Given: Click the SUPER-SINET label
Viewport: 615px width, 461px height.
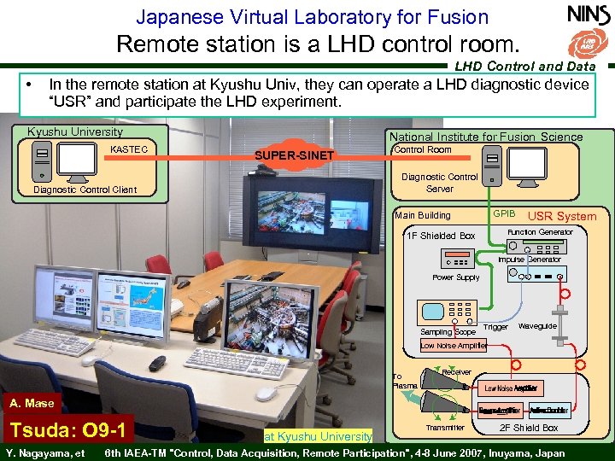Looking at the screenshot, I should pyautogui.click(x=295, y=155).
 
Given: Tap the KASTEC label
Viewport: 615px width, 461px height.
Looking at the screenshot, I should pyautogui.click(x=129, y=149).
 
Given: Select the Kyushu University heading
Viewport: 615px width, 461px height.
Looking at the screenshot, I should pyautogui.click(x=75, y=132).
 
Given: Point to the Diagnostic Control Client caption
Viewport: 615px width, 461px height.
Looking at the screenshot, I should pyautogui.click(x=85, y=190).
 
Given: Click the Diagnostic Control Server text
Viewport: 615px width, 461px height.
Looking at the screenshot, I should pyautogui.click(x=439, y=183).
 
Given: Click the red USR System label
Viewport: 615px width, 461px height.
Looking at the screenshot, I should pyautogui.click(x=562, y=216).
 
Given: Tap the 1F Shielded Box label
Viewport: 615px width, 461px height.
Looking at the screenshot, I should pyautogui.click(x=441, y=236).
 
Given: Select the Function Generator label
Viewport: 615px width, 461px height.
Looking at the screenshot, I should pyautogui.click(x=540, y=232).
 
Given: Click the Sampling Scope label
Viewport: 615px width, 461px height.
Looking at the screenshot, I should pyautogui.click(x=448, y=331).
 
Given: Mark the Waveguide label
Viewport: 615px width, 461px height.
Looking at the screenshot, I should pyautogui.click(x=537, y=326).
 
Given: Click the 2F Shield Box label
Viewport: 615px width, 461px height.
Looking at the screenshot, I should pyautogui.click(x=529, y=428).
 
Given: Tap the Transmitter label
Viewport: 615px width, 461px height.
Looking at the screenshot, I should pyautogui.click(x=445, y=428).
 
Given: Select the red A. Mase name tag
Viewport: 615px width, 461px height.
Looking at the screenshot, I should pyautogui.click(x=32, y=403).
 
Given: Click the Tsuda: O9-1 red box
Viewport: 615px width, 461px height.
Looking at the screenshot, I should pyautogui.click(x=67, y=429).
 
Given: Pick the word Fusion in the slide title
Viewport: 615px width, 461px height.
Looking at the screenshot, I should pyautogui.click(x=455, y=16).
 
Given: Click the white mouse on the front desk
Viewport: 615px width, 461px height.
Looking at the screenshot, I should pyautogui.click(x=266, y=394).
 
